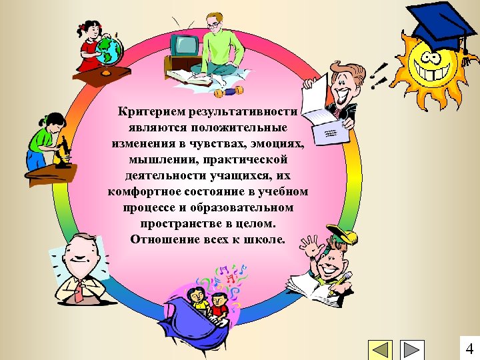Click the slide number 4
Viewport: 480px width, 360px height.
(469, 349)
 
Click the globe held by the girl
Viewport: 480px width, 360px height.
(110, 49)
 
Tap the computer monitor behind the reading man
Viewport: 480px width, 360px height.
(183, 45)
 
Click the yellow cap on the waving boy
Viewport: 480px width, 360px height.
(340, 236)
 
